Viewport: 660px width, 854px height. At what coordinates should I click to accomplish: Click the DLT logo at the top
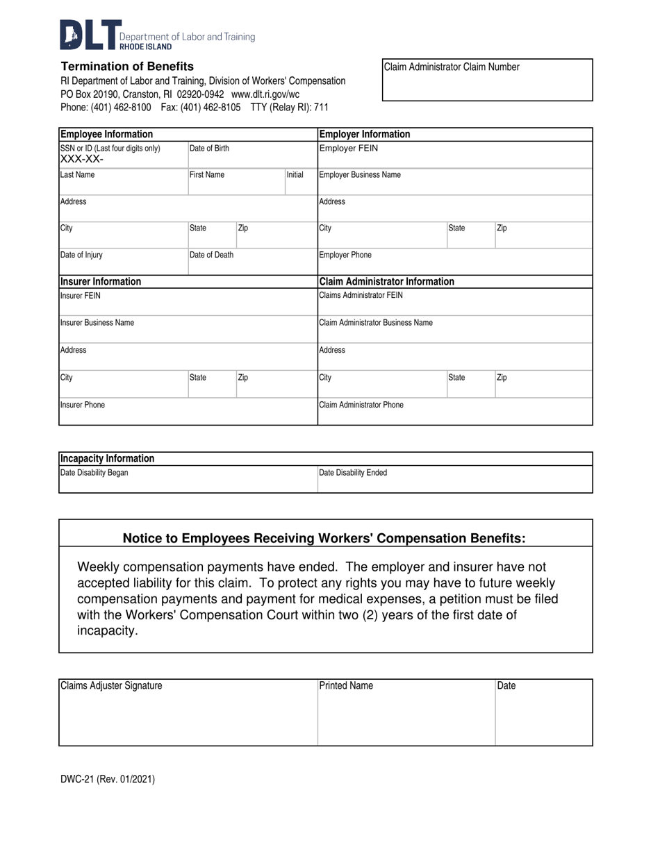(90, 35)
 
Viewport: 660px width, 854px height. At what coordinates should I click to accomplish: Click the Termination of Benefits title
(127, 67)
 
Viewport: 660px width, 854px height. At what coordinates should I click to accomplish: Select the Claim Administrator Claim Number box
(487, 81)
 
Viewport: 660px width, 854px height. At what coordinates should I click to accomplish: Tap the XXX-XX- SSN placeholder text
(83, 160)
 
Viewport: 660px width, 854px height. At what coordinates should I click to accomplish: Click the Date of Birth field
(252, 155)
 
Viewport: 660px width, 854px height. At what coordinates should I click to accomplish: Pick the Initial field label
(295, 175)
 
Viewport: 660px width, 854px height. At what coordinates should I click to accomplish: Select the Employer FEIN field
(454, 155)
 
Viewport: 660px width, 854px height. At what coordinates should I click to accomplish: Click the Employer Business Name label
(359, 175)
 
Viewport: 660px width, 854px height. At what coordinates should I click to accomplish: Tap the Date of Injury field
(123, 262)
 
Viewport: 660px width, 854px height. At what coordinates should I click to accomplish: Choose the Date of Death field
(252, 262)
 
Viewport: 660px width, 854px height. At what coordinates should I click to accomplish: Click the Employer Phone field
(454, 262)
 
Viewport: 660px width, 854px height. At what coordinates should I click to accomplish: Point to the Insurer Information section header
(101, 282)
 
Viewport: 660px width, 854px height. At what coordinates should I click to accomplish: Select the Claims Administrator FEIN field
(454, 302)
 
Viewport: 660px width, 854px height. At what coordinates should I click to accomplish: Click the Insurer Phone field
(188, 411)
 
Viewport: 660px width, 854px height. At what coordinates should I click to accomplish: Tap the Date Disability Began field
(188, 480)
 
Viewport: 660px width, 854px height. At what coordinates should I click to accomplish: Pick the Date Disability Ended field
(454, 480)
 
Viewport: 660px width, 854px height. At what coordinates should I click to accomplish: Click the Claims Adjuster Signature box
(188, 712)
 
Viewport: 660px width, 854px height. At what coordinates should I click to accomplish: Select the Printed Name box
(406, 712)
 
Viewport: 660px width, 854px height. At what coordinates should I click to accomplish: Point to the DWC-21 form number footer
(107, 779)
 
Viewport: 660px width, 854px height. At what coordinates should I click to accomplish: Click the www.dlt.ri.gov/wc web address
(265, 94)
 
